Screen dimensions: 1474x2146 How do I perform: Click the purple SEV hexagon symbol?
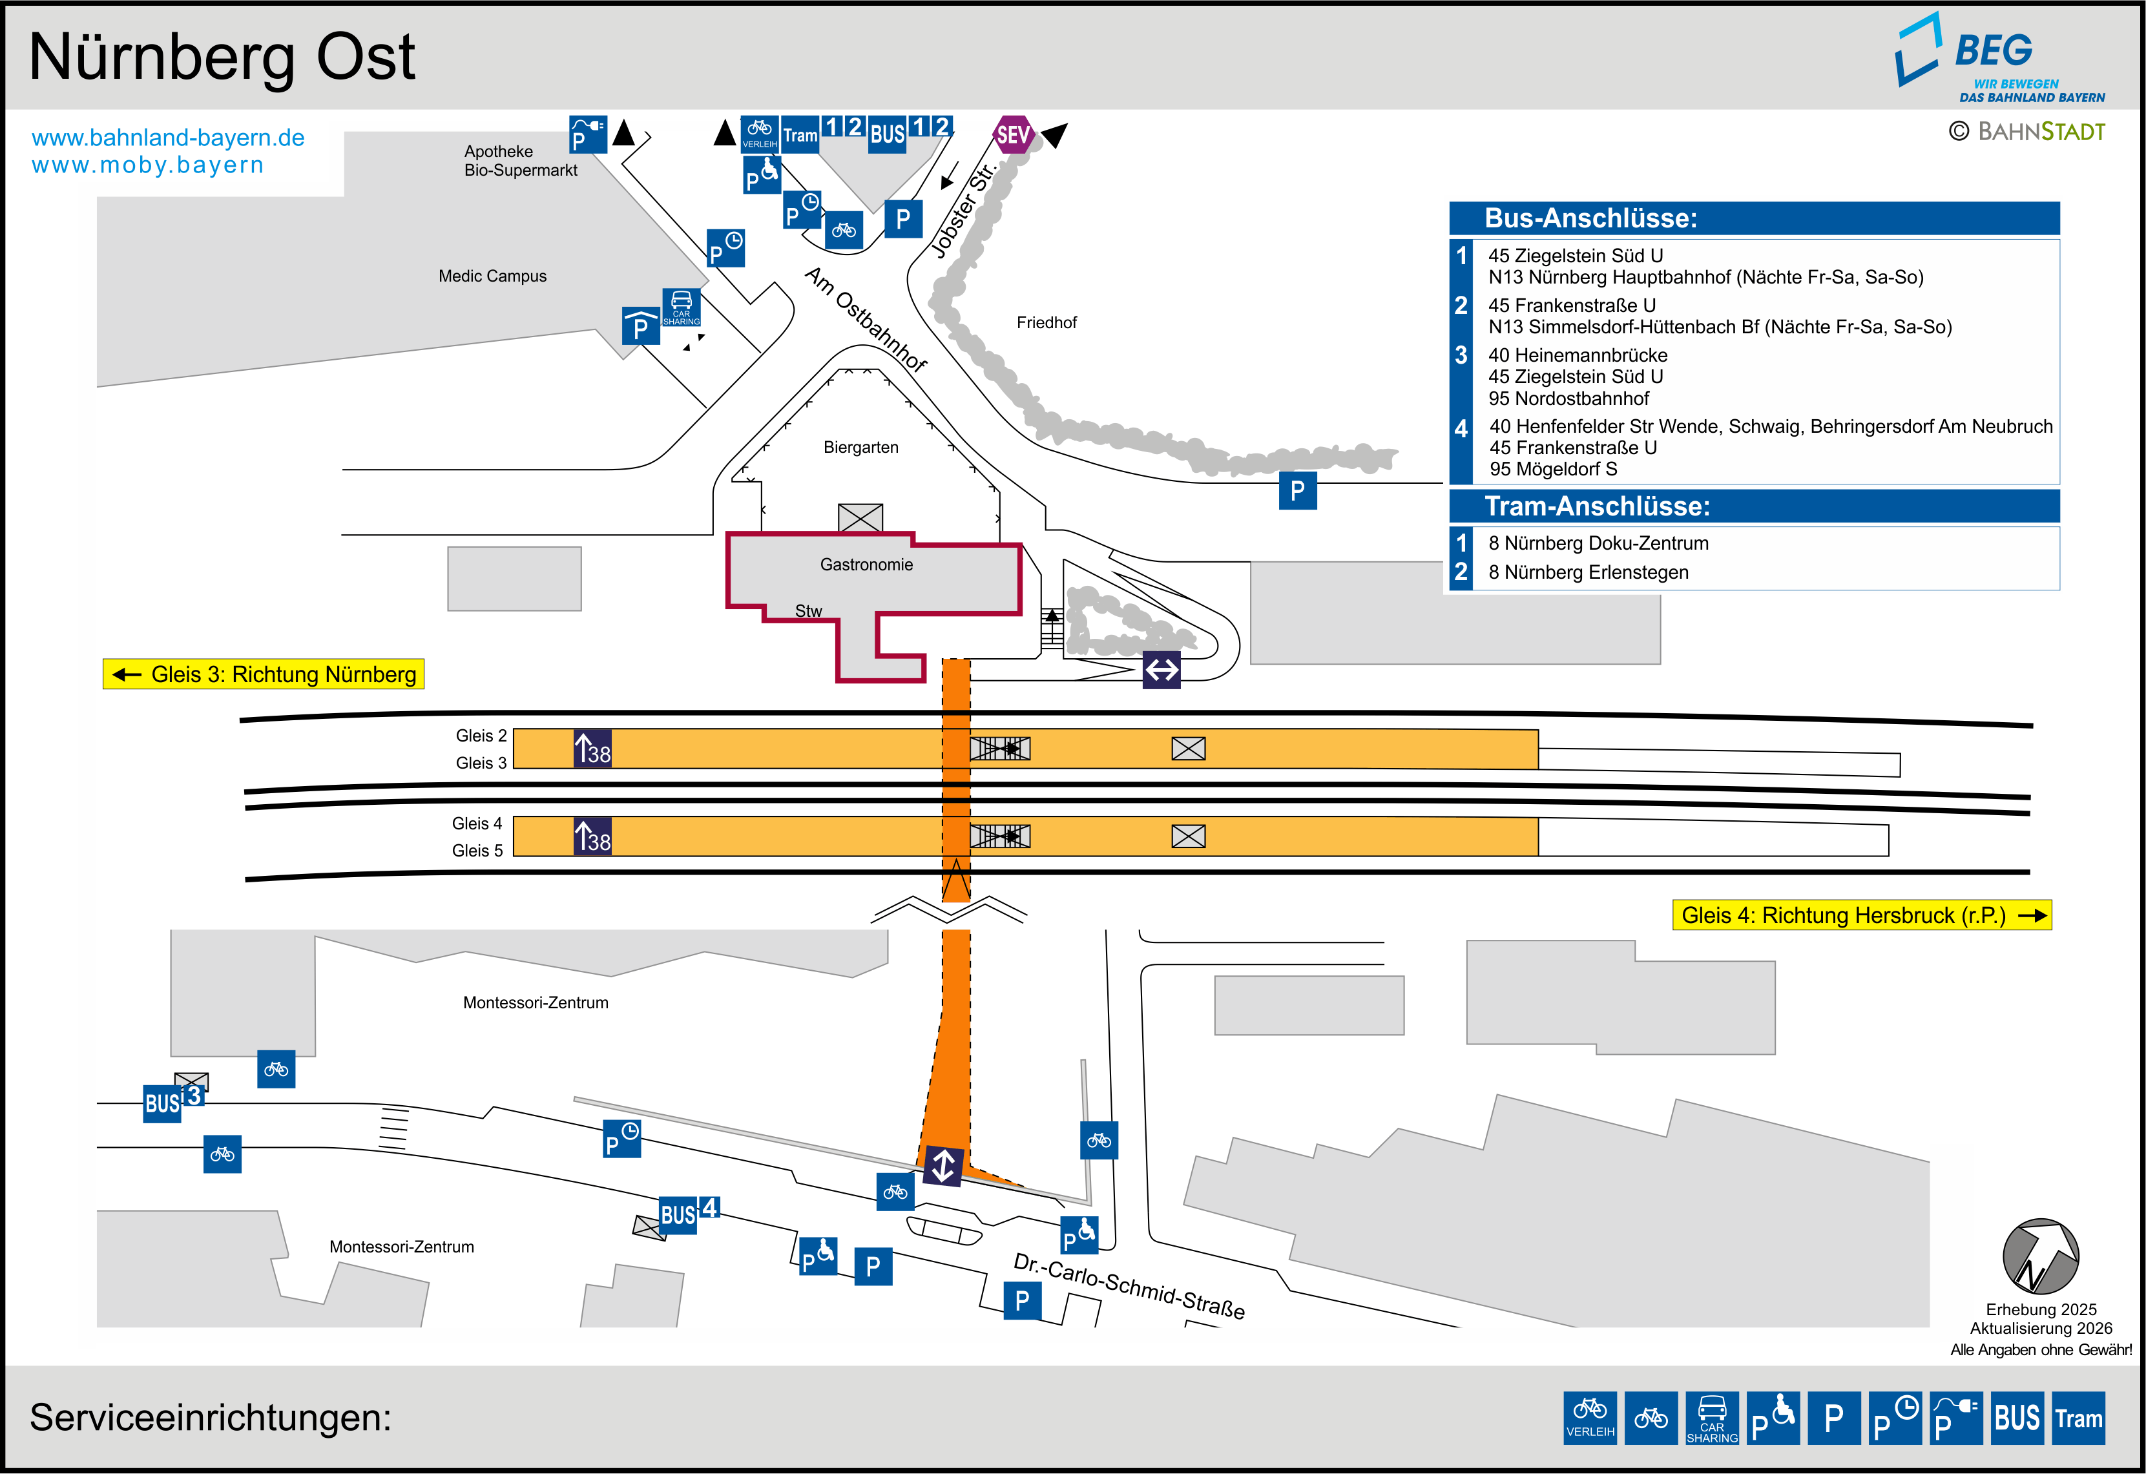pyautogui.click(x=1013, y=135)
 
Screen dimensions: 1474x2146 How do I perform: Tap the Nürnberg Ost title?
pyautogui.click(x=222, y=57)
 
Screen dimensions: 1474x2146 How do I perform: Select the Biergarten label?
pyautogui.click(x=860, y=448)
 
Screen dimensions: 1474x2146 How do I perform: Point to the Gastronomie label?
pyautogui.click(x=866, y=565)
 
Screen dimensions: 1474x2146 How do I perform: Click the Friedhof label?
pyautogui.click(x=1047, y=322)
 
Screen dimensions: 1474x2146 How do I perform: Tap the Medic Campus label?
pyautogui.click(x=492, y=276)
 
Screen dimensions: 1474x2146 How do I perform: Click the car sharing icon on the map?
pyautogui.click(x=682, y=307)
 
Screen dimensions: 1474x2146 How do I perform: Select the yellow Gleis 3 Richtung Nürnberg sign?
pyautogui.click(x=263, y=674)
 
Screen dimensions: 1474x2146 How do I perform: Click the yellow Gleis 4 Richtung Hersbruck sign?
pyautogui.click(x=1860, y=915)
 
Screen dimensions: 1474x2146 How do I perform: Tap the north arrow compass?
pyautogui.click(x=2041, y=1256)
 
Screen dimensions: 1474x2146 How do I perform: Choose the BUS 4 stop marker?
pyautogui.click(x=688, y=1212)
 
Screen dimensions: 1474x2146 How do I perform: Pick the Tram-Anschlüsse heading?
pyautogui.click(x=1596, y=506)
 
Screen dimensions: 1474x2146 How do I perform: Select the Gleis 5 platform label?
pyautogui.click(x=477, y=851)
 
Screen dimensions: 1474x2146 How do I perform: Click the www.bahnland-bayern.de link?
pyautogui.click(x=168, y=138)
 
